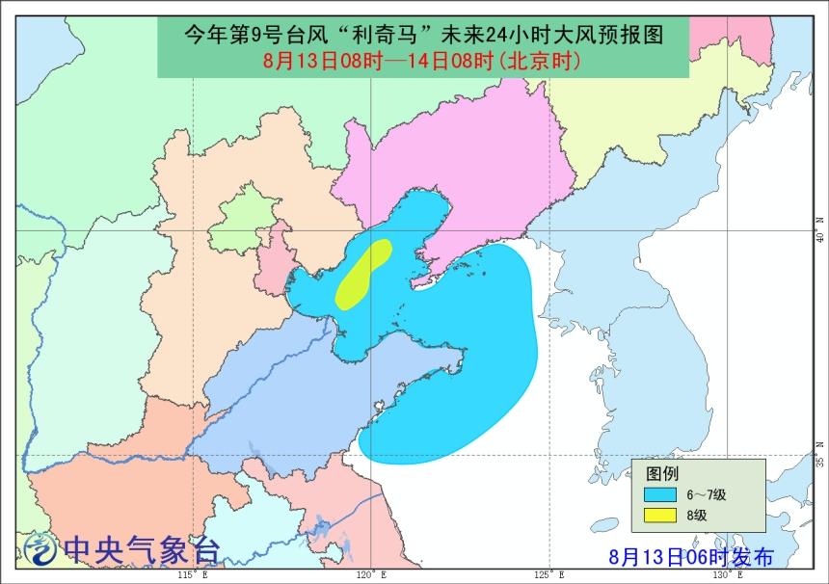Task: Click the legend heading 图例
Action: (662, 474)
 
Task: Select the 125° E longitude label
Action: (547, 574)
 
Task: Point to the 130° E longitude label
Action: (724, 574)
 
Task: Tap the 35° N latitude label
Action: (820, 462)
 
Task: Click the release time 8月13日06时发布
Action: (691, 556)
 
